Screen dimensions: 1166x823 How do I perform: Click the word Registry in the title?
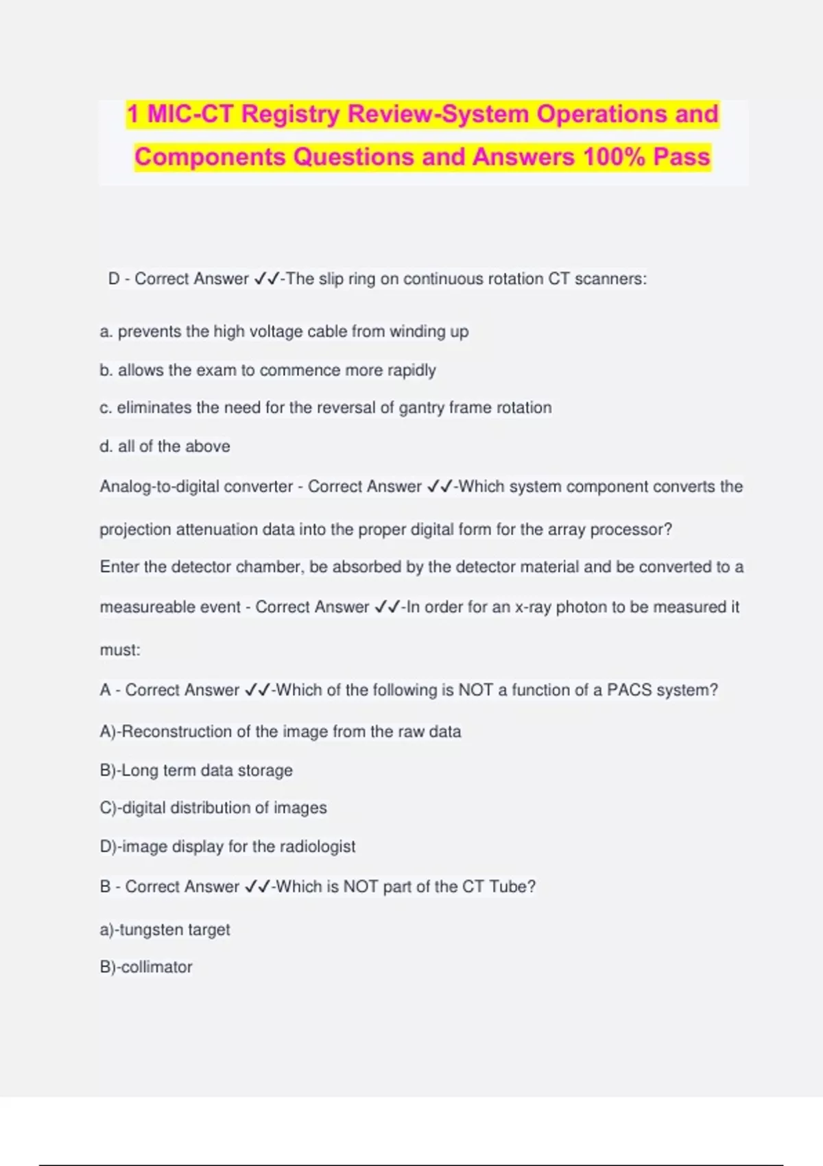(291, 114)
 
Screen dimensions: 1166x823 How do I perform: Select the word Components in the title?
(210, 157)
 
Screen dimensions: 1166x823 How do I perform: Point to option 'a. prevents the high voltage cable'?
(284, 332)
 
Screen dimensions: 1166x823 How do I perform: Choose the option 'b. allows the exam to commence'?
(267, 370)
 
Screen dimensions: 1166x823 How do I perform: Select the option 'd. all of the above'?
(165, 447)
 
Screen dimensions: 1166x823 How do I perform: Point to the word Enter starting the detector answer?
(119, 567)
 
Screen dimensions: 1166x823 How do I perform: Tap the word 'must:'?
(120, 650)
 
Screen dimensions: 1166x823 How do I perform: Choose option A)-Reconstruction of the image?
(280, 732)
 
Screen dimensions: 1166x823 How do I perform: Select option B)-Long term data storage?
(196, 771)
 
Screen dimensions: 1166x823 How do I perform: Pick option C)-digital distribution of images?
(213, 808)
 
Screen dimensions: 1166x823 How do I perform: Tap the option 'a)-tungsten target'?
(165, 930)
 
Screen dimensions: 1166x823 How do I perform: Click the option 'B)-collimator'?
(146, 967)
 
